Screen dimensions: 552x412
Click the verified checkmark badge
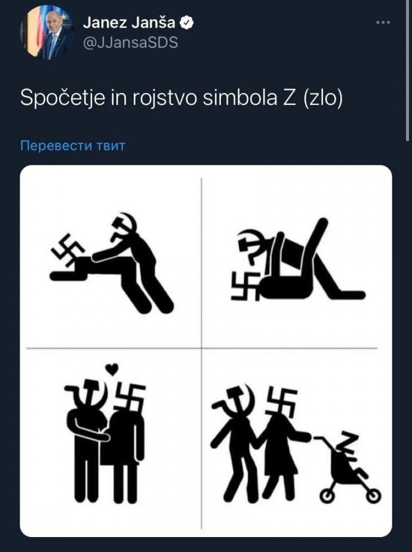tap(187, 23)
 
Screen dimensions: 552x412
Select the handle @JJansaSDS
tap(130, 43)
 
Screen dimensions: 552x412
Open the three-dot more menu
tap(383, 23)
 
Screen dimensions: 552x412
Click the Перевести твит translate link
tap(73, 146)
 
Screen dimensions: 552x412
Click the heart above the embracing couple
tap(112, 369)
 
